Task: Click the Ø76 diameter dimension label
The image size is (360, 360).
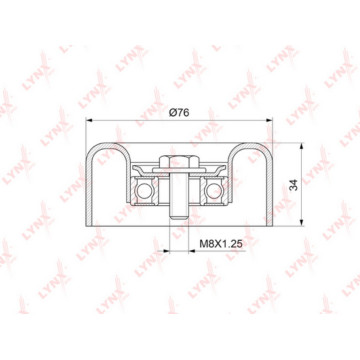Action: (x=179, y=113)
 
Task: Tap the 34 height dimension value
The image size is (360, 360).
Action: (x=293, y=185)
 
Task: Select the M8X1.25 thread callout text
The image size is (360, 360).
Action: (x=220, y=244)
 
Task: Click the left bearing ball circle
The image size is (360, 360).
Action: (x=144, y=191)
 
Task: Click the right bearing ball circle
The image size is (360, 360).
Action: (x=214, y=191)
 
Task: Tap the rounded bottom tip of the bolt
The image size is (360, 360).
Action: (x=179, y=217)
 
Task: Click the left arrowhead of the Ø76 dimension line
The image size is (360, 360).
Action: (x=89, y=120)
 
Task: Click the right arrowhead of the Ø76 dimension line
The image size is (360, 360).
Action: (x=269, y=120)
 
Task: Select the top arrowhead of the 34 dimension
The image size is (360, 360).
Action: (x=301, y=147)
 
